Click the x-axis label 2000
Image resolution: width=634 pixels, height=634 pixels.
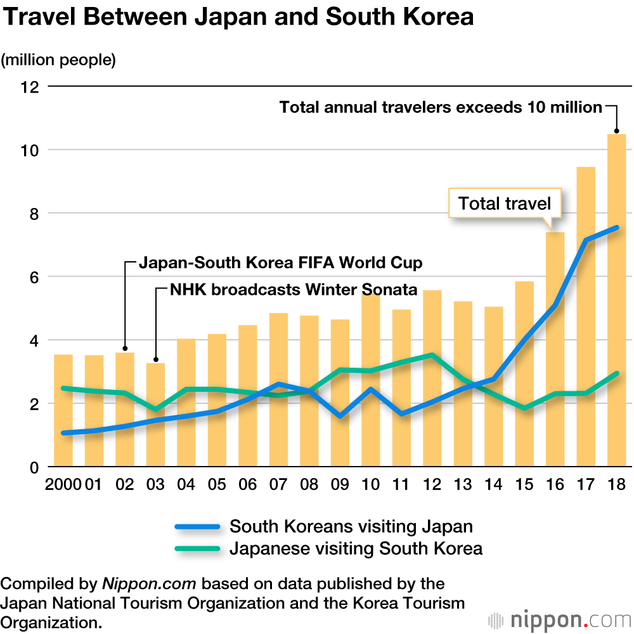[x=63, y=485]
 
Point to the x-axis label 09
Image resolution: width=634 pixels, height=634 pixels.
[x=339, y=485]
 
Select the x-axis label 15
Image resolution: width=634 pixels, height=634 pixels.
[x=524, y=485]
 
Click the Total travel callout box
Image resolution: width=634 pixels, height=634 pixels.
[x=505, y=204]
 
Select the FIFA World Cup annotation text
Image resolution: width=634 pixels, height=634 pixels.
[x=280, y=262]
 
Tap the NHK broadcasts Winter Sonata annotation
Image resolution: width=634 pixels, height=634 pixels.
[x=294, y=290]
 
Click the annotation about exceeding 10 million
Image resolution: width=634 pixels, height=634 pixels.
[x=441, y=107]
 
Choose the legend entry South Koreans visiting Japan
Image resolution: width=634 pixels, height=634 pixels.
[x=351, y=526]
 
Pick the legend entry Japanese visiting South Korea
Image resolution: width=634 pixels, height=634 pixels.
[x=356, y=548]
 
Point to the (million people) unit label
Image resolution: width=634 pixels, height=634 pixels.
[x=58, y=60]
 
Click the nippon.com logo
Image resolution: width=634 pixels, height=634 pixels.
[x=558, y=619]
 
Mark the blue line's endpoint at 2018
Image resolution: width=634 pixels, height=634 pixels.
[x=616, y=228]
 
